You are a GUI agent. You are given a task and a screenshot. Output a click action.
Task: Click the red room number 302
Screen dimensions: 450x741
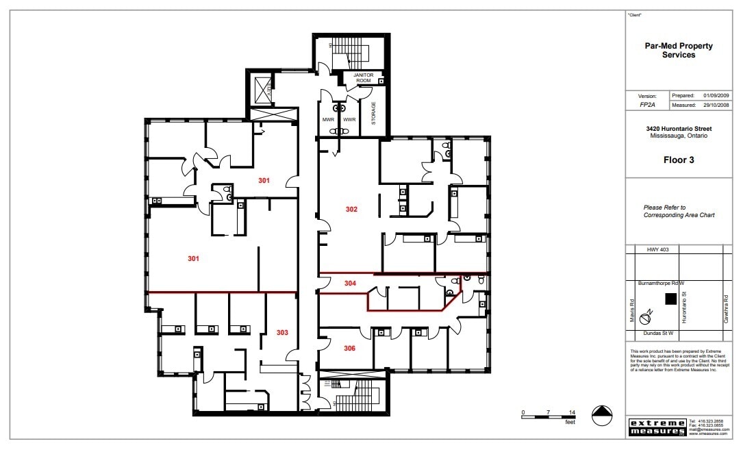coord(351,209)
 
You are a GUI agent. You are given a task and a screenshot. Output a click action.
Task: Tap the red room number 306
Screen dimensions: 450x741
coord(349,348)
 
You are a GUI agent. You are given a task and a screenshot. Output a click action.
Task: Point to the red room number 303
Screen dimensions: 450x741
coord(282,332)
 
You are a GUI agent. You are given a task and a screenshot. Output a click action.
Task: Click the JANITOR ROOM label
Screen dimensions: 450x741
coord(362,78)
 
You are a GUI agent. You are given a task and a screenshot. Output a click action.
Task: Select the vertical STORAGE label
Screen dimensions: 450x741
coord(373,114)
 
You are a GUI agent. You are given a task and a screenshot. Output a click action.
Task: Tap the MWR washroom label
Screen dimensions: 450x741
coord(329,120)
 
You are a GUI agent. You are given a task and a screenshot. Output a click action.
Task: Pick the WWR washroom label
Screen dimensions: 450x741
coord(349,120)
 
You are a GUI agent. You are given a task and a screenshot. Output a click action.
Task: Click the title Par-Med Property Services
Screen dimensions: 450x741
coord(679,51)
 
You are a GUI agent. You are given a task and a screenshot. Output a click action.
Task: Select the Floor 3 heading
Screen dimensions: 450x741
coord(679,160)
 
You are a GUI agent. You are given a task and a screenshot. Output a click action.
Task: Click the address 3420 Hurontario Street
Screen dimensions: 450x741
coord(679,129)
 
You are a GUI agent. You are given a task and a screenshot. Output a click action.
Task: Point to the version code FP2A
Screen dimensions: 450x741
coord(638,106)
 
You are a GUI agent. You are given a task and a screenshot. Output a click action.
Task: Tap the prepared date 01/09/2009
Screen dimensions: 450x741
coord(717,96)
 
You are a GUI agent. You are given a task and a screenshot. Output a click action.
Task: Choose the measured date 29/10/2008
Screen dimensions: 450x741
coord(717,105)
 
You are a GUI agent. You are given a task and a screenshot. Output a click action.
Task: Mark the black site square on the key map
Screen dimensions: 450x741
coord(670,298)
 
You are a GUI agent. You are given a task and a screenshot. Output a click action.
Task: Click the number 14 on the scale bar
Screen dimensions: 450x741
coord(571,412)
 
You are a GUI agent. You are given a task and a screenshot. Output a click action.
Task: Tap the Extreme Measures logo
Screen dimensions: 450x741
coord(657,427)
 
